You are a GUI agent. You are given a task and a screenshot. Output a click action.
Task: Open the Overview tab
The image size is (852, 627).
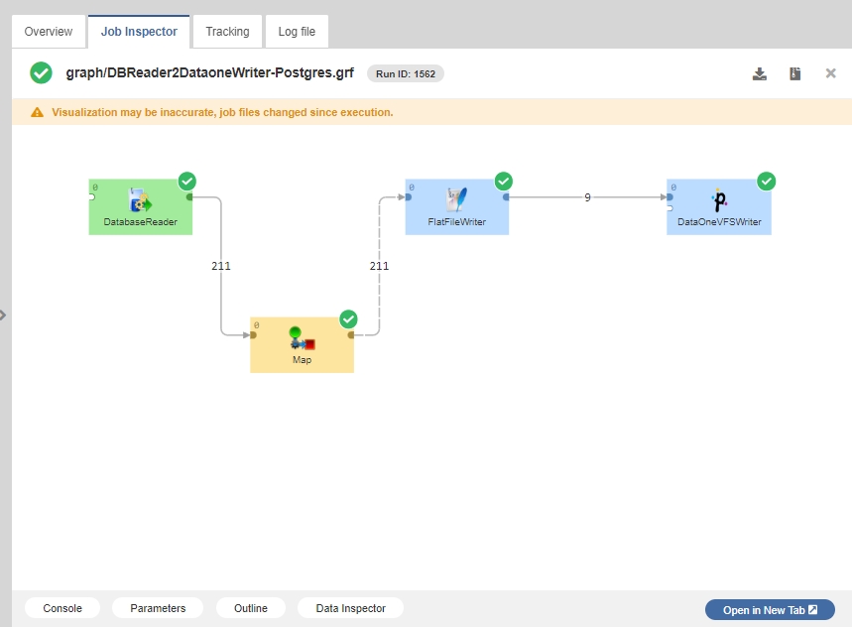[x=49, y=32]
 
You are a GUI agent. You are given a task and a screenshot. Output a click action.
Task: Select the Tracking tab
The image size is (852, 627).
[x=228, y=32]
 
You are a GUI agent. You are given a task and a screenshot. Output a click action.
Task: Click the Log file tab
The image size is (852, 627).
[x=297, y=32]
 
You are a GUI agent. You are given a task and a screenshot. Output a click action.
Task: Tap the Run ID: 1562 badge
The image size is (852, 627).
[x=406, y=73]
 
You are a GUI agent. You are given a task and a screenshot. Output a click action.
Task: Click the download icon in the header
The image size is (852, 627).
[x=760, y=73]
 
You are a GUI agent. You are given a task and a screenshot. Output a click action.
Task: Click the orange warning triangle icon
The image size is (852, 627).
[x=37, y=112]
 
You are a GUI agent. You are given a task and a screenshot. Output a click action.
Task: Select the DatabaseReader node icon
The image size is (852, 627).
[x=140, y=200]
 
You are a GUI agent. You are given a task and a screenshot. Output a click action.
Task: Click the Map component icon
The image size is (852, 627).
[x=302, y=338]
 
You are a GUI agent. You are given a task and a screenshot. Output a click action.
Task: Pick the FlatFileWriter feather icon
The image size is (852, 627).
[x=457, y=199]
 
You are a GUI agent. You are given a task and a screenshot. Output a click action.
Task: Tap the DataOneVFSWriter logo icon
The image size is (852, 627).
[x=719, y=200]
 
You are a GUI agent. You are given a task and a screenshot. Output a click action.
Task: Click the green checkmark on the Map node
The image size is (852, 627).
[x=348, y=319]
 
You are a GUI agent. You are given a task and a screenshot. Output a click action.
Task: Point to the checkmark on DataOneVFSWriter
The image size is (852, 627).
[x=766, y=182]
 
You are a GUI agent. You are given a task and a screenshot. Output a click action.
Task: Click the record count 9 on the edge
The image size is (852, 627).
[x=587, y=197]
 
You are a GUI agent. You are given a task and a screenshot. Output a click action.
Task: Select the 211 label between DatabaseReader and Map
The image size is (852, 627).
[x=221, y=266]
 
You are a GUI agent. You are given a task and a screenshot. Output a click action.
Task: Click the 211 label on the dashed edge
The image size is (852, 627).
[x=379, y=266]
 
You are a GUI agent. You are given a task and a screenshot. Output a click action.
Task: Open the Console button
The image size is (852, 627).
[x=62, y=608]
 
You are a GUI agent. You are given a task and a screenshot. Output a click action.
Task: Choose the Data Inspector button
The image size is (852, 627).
[x=350, y=608]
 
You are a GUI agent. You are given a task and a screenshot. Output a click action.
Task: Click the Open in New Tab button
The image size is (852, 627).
[x=770, y=610]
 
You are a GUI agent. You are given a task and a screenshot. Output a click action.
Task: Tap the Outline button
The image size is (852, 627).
[x=251, y=608]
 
